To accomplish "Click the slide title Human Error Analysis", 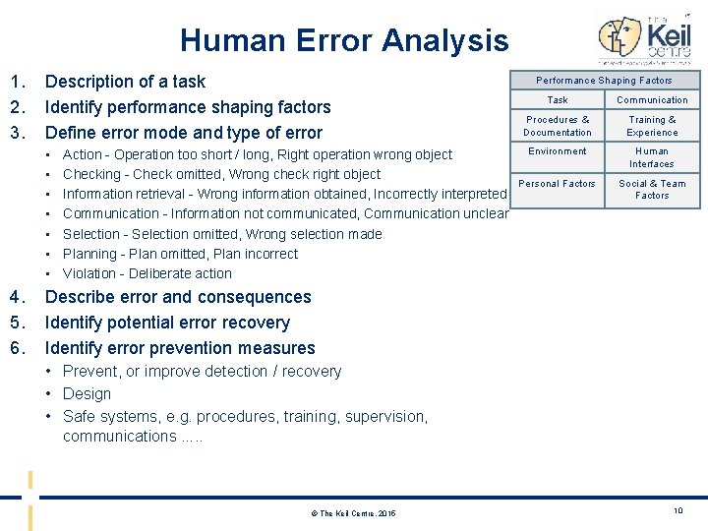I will tap(344, 40).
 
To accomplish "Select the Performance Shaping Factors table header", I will tap(604, 81).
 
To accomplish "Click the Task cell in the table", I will tap(558, 100).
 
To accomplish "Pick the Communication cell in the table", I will tap(652, 100).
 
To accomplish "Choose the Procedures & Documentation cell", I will tap(558, 126).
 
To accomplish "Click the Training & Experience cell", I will tap(652, 126).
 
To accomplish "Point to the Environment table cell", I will tap(558, 151).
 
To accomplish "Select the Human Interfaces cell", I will tap(652, 157).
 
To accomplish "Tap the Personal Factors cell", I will tap(558, 184).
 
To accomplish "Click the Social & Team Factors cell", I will tap(652, 189).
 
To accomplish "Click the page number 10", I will tap(677, 509).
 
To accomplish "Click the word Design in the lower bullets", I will tap(87, 393).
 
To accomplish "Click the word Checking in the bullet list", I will tap(91, 174).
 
